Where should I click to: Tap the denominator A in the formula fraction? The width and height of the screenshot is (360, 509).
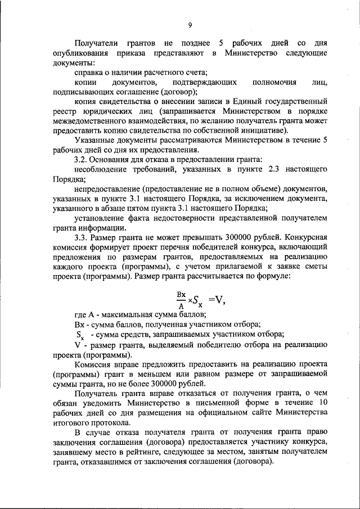[x=181, y=307]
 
